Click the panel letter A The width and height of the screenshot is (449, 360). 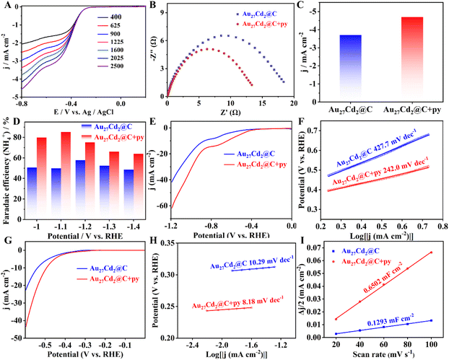point(6,6)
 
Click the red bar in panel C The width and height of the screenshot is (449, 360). point(382,58)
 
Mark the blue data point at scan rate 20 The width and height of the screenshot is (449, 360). point(336,333)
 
